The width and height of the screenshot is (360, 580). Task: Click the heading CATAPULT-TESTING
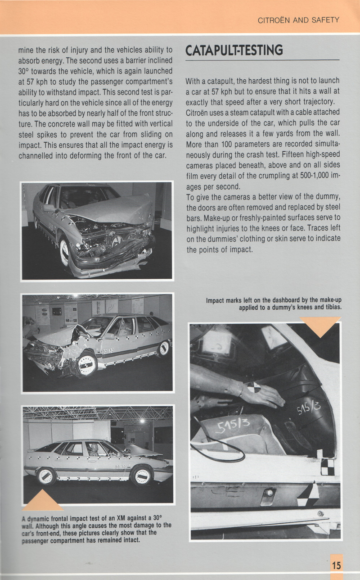[x=234, y=50]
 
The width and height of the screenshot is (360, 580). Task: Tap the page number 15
[x=336, y=565]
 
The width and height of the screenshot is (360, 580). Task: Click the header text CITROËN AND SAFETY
[x=298, y=20]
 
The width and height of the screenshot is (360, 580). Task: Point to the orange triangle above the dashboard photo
[x=320, y=325]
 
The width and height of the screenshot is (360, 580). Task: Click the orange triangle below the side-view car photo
[x=43, y=501]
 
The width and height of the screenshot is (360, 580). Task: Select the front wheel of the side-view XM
[x=142, y=476]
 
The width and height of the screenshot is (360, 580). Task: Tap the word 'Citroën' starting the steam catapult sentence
[x=198, y=112]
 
